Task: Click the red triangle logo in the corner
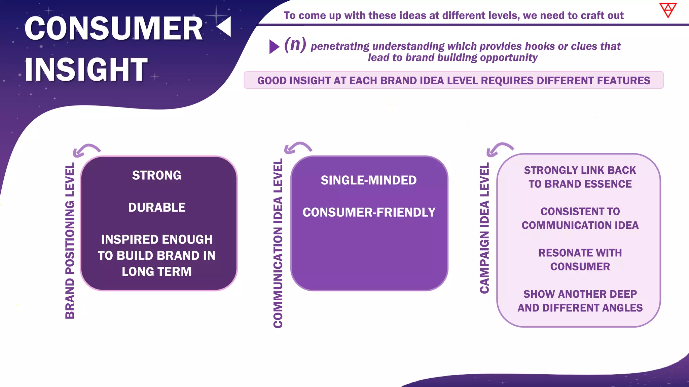coord(668,10)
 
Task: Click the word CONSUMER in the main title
coord(114,29)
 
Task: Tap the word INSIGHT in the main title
coord(86,70)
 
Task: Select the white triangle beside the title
coord(225,27)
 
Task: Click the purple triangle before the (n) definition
coord(274,47)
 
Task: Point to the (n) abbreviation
coord(295,44)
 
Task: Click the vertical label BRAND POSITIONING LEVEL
coord(70,241)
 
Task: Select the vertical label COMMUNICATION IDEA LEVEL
coord(278,243)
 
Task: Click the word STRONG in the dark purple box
coord(156,175)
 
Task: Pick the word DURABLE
coord(157,208)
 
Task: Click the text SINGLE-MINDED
coord(369,180)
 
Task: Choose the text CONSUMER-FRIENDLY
coord(369,212)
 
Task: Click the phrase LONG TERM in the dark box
coord(157,271)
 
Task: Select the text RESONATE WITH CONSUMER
coord(580,259)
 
